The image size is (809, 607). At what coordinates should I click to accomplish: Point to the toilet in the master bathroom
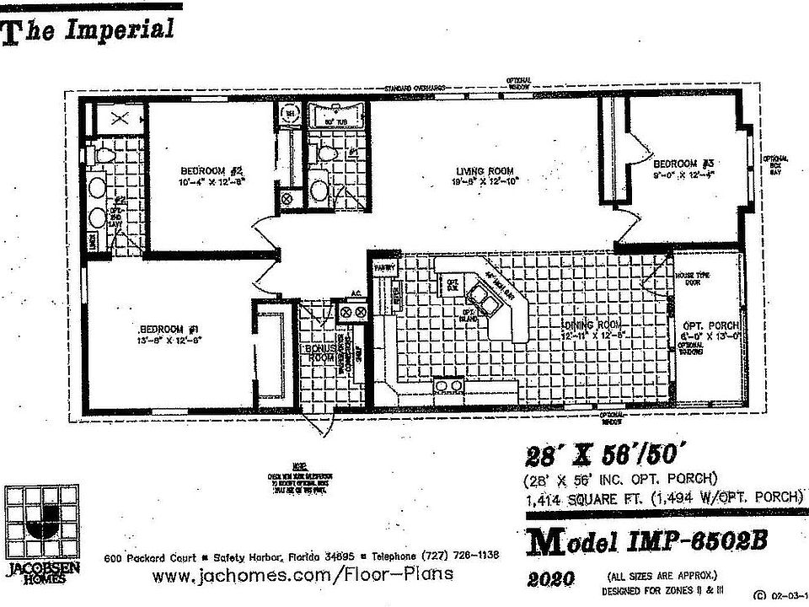click(x=104, y=156)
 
